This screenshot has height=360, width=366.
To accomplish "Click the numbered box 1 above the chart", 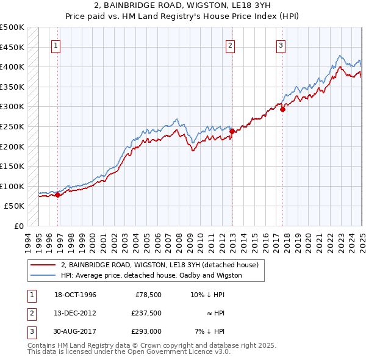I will click(56, 45).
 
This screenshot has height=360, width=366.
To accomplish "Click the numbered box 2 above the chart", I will click(231, 45).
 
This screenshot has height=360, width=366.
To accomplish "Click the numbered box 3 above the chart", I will click(281, 45).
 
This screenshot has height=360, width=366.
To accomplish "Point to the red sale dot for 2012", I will click(232, 131).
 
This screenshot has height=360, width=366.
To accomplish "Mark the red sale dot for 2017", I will click(282, 109).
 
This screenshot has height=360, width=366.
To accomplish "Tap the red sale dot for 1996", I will click(58, 195).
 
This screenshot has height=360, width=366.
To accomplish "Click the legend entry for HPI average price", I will click(151, 275).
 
